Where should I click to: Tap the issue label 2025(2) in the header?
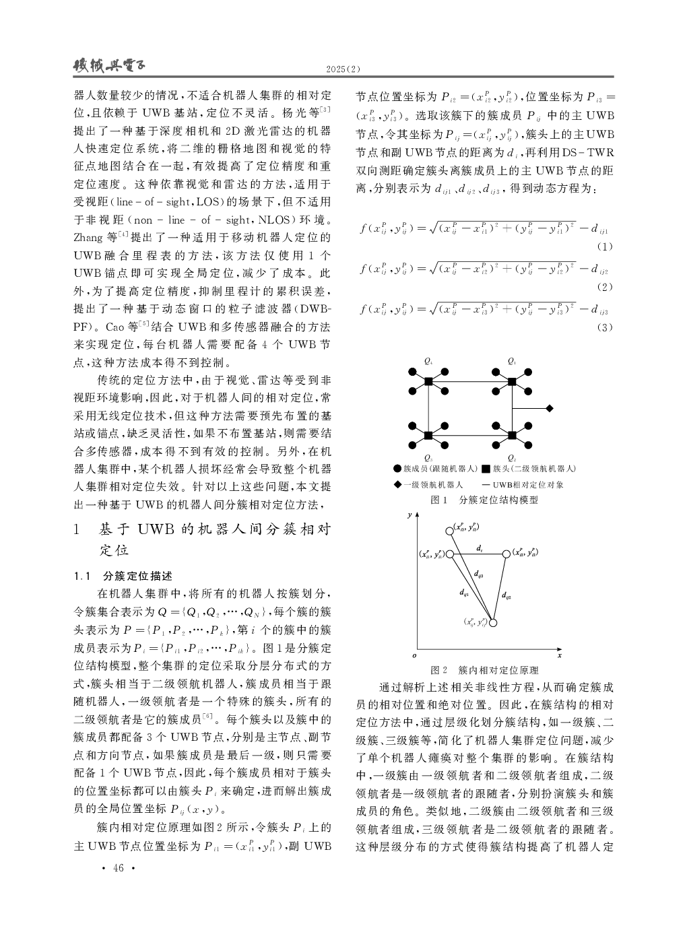click(343, 70)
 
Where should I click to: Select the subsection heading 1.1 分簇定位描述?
click(123, 576)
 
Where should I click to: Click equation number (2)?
click(605, 287)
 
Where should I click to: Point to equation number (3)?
click(605, 327)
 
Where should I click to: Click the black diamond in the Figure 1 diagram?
click(550, 408)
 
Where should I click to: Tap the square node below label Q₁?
click(512, 382)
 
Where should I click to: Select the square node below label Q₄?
click(428, 382)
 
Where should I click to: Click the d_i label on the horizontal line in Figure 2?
click(479, 549)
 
